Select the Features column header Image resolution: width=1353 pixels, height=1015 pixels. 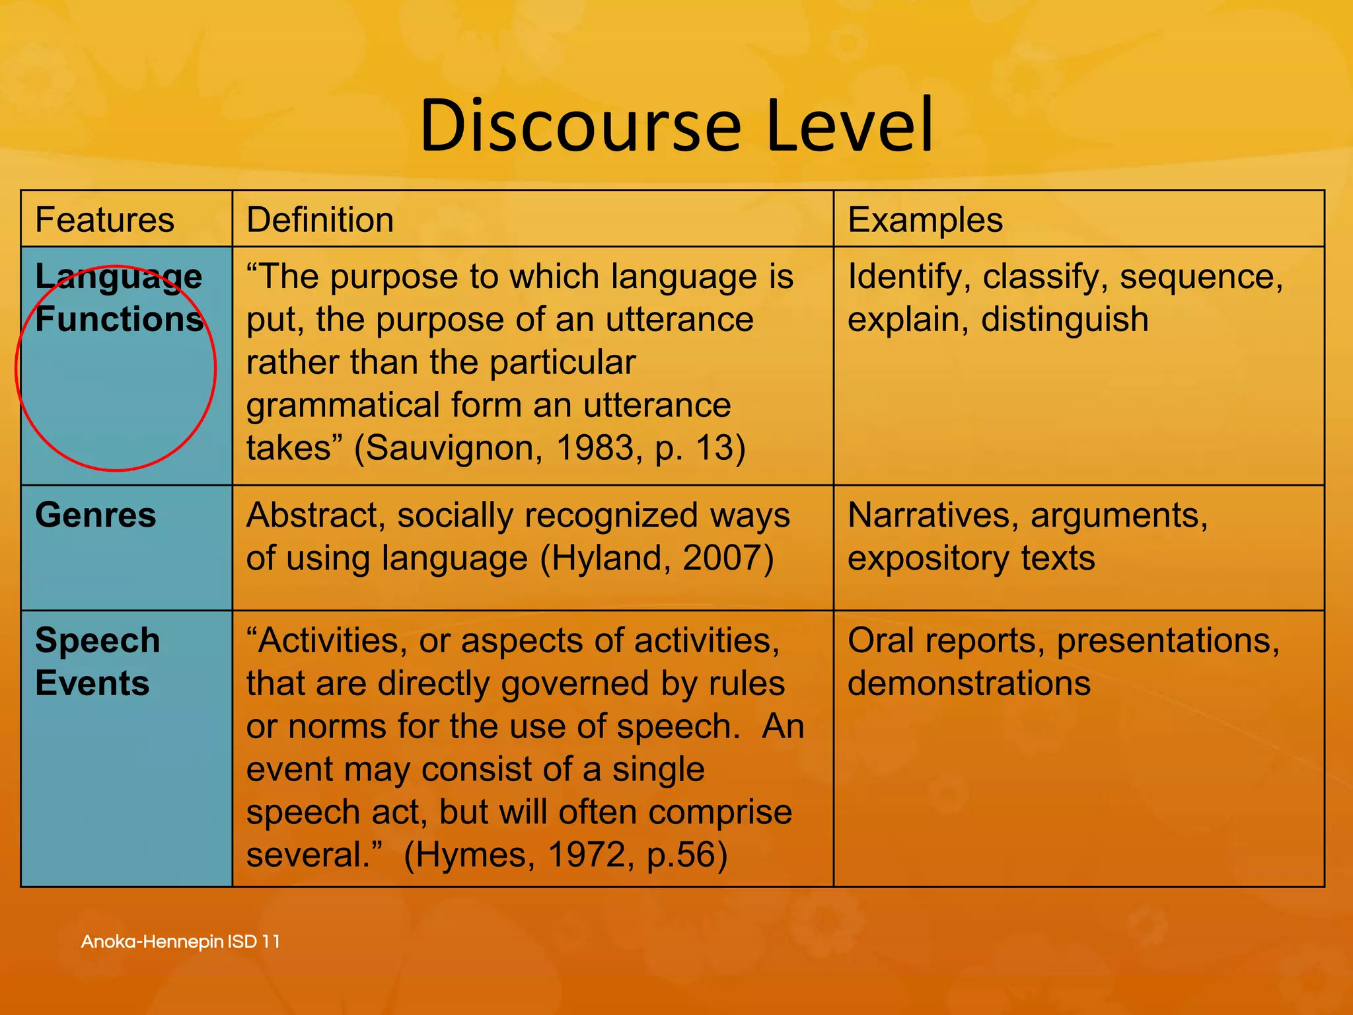pyautogui.click(x=104, y=220)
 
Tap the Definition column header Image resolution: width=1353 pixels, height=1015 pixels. pyautogui.click(x=320, y=220)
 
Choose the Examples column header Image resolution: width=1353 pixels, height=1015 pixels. pyautogui.click(x=925, y=220)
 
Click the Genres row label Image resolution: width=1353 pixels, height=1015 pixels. pyautogui.click(x=96, y=515)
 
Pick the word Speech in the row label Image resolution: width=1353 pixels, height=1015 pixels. pyautogui.click(x=98, y=640)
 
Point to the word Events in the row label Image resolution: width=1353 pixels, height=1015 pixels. pyautogui.click(x=92, y=683)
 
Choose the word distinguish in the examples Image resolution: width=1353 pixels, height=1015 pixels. pyautogui.click(x=1064, y=320)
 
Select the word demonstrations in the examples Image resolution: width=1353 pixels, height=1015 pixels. pyautogui.click(x=969, y=683)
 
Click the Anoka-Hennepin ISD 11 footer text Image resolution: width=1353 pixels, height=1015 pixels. pyautogui.click(x=180, y=942)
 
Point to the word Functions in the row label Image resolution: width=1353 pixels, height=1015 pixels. pyautogui.click(x=119, y=320)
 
